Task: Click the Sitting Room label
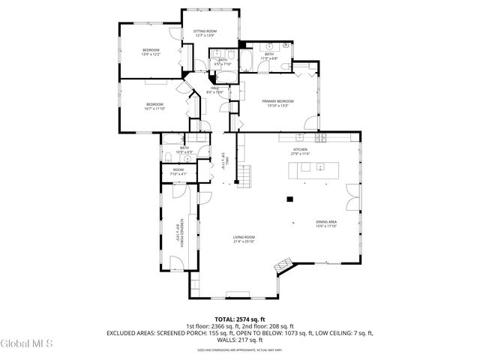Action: [205, 33]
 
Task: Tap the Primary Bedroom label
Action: [277, 103]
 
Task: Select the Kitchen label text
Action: [300, 151]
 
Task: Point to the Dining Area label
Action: [325, 223]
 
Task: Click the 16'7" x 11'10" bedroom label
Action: [155, 106]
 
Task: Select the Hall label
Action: [214, 90]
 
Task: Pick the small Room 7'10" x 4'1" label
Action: [178, 172]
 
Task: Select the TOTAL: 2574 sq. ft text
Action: [239, 319]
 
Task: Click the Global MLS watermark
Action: [26, 343]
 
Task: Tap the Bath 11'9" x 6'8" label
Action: [269, 56]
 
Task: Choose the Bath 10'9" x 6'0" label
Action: [184, 149]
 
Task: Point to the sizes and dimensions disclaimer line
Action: [239, 349]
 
